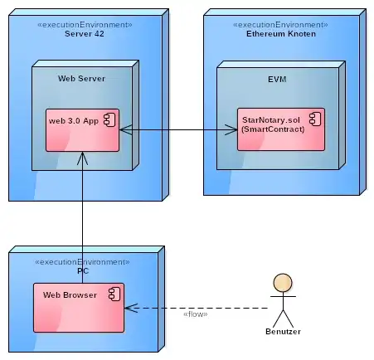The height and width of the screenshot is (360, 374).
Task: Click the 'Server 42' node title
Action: coord(85,34)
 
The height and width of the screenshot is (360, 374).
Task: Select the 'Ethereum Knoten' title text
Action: coord(281,34)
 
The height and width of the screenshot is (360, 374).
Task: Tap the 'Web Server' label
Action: coord(81,79)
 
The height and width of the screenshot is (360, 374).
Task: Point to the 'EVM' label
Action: coord(277,80)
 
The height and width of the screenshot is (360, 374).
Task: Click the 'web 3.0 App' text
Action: coord(74,121)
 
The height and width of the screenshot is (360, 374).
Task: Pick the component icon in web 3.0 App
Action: coord(109,120)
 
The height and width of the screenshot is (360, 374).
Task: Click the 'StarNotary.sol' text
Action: coord(271,120)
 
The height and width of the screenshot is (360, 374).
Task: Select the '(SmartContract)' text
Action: coord(273,129)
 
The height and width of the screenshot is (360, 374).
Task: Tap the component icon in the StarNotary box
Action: coord(315,119)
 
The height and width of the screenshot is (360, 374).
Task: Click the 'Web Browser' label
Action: coord(70,295)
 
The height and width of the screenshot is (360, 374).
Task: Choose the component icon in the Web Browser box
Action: coord(114,294)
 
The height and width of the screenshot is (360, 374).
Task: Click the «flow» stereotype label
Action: coord(196,314)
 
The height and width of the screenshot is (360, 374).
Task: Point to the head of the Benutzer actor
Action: coord(283,283)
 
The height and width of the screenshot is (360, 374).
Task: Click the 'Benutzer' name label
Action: coord(283,332)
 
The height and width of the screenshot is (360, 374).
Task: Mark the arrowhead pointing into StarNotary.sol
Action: coord(231,129)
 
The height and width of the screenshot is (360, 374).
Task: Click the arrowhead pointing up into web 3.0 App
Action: coord(82,158)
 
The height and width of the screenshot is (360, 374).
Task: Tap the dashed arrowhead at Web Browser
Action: coord(131,308)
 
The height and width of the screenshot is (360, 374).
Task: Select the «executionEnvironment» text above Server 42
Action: coord(85,25)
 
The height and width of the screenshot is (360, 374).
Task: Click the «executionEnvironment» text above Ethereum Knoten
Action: coord(280,25)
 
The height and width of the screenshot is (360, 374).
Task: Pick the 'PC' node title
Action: coord(83,271)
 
